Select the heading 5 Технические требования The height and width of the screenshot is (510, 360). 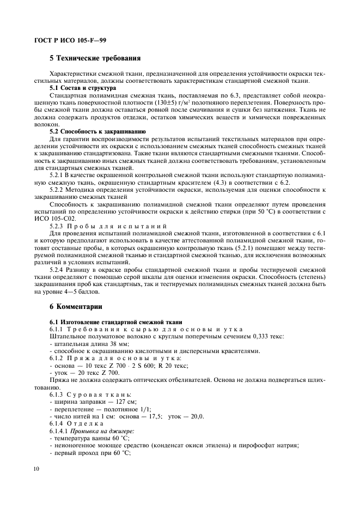click(x=95, y=58)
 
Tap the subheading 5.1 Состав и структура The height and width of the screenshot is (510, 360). click(x=82, y=87)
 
